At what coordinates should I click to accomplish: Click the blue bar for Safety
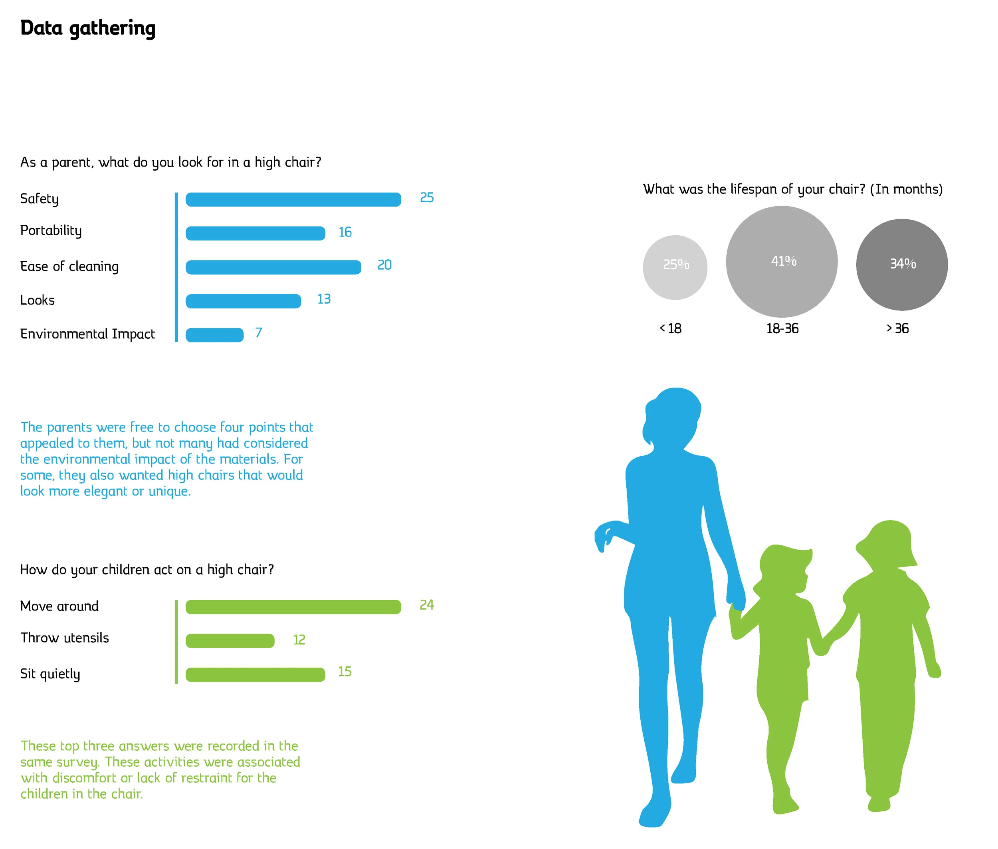click(293, 199)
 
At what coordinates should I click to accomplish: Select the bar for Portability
click(255, 233)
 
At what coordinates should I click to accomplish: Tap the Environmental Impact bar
click(214, 334)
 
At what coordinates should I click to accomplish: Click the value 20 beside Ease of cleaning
click(384, 265)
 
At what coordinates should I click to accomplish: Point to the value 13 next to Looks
click(324, 299)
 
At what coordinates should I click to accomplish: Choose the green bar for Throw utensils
click(230, 640)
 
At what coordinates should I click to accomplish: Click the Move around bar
click(293, 607)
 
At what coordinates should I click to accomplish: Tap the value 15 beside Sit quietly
click(345, 671)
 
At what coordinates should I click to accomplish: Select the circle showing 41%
click(782, 261)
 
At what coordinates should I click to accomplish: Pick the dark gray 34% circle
click(902, 265)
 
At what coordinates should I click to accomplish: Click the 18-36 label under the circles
click(782, 328)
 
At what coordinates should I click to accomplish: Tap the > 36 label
click(897, 328)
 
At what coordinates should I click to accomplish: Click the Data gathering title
click(87, 28)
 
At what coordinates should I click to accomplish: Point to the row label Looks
click(37, 300)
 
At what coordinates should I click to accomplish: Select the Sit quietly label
click(50, 674)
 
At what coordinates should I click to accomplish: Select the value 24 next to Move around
click(427, 604)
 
